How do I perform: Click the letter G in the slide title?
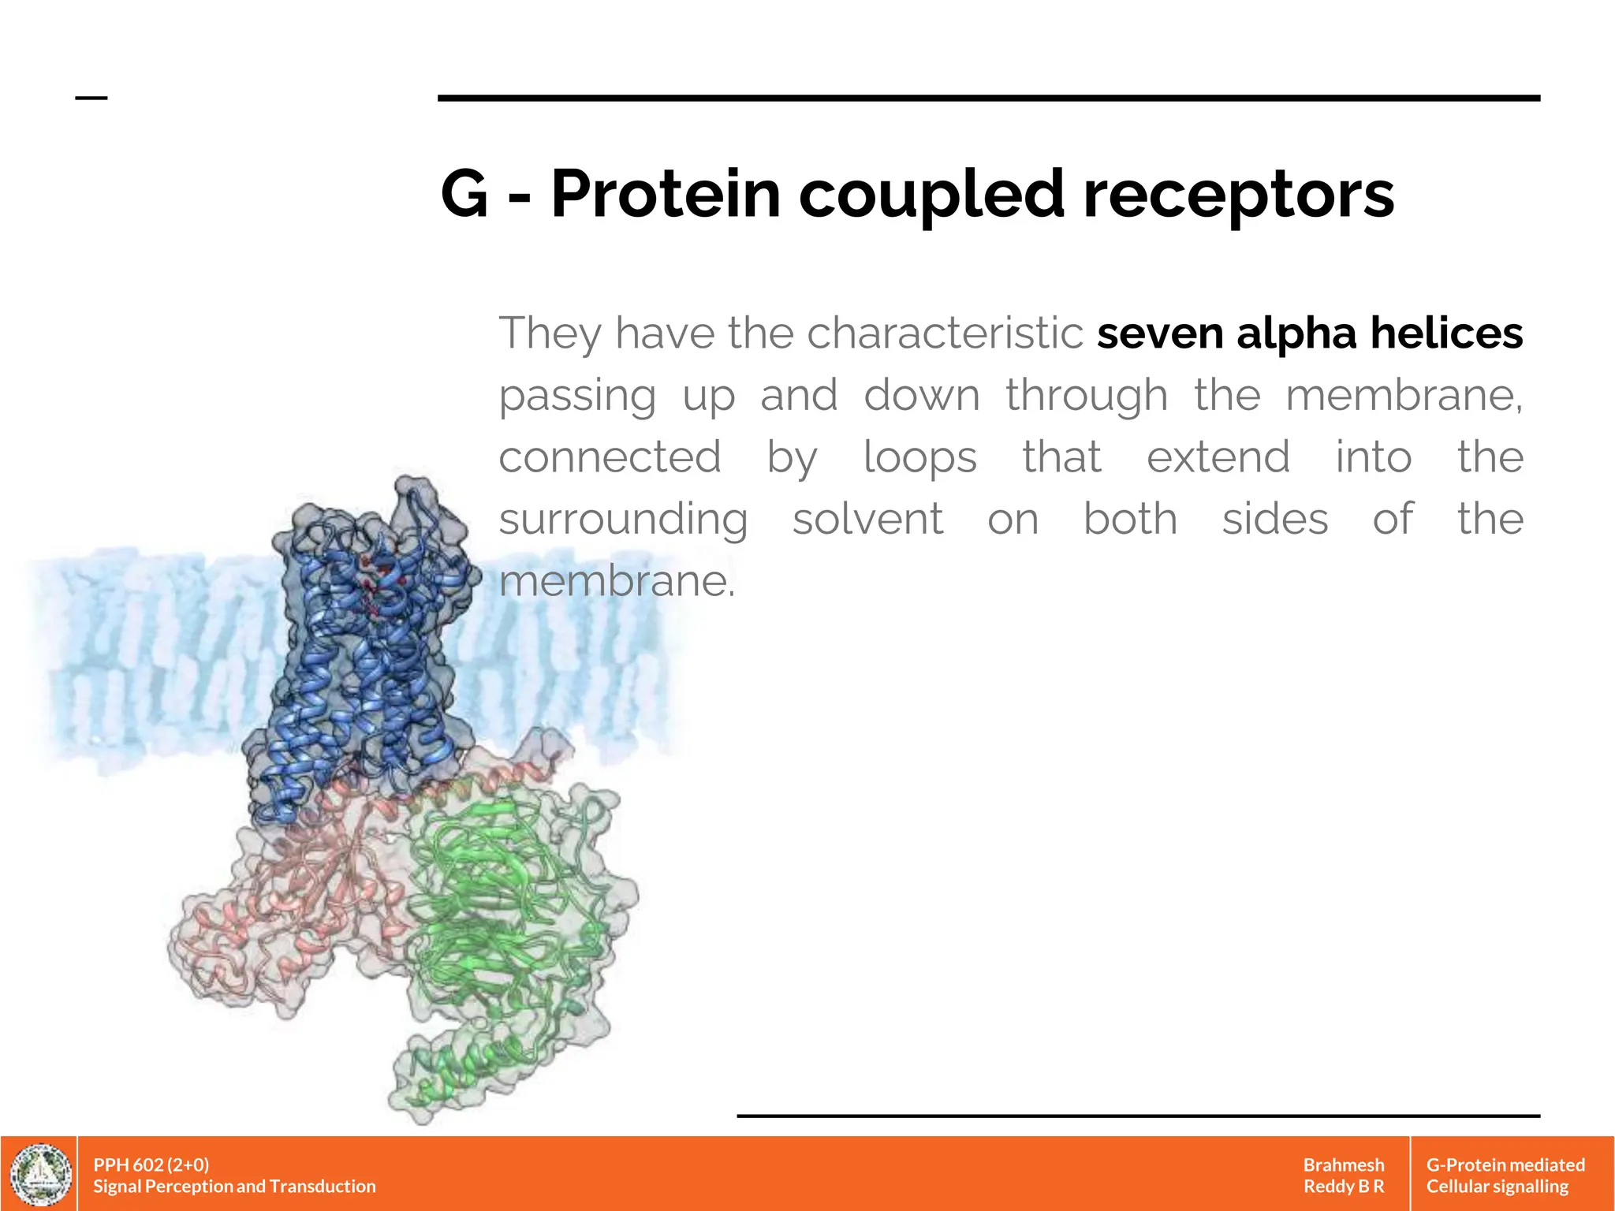point(465,194)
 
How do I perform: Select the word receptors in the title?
point(1238,196)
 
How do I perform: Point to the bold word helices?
point(1446,333)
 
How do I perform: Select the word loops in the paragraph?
point(919,458)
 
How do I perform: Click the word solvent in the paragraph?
point(867,520)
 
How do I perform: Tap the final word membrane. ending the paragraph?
point(617,582)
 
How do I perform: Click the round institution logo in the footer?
point(39,1174)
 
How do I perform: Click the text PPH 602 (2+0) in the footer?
point(151,1164)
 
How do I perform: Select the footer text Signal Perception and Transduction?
point(234,1186)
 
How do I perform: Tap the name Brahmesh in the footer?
point(1343,1164)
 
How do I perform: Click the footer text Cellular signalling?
point(1497,1186)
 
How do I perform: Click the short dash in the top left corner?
point(91,98)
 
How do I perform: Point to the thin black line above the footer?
point(1137,1116)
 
